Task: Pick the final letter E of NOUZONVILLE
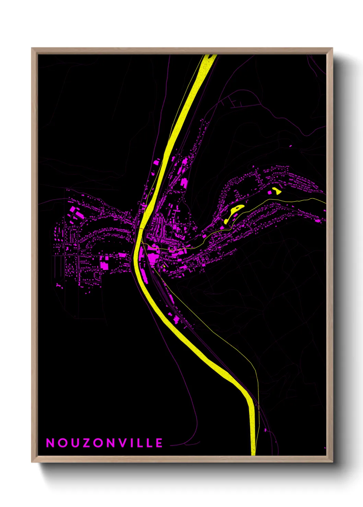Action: coord(159,443)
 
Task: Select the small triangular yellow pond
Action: coord(277,191)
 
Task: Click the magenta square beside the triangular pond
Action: coord(270,193)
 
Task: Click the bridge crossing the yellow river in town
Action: coord(141,227)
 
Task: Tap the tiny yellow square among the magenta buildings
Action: coord(164,266)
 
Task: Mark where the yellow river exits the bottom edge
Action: coord(253,454)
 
